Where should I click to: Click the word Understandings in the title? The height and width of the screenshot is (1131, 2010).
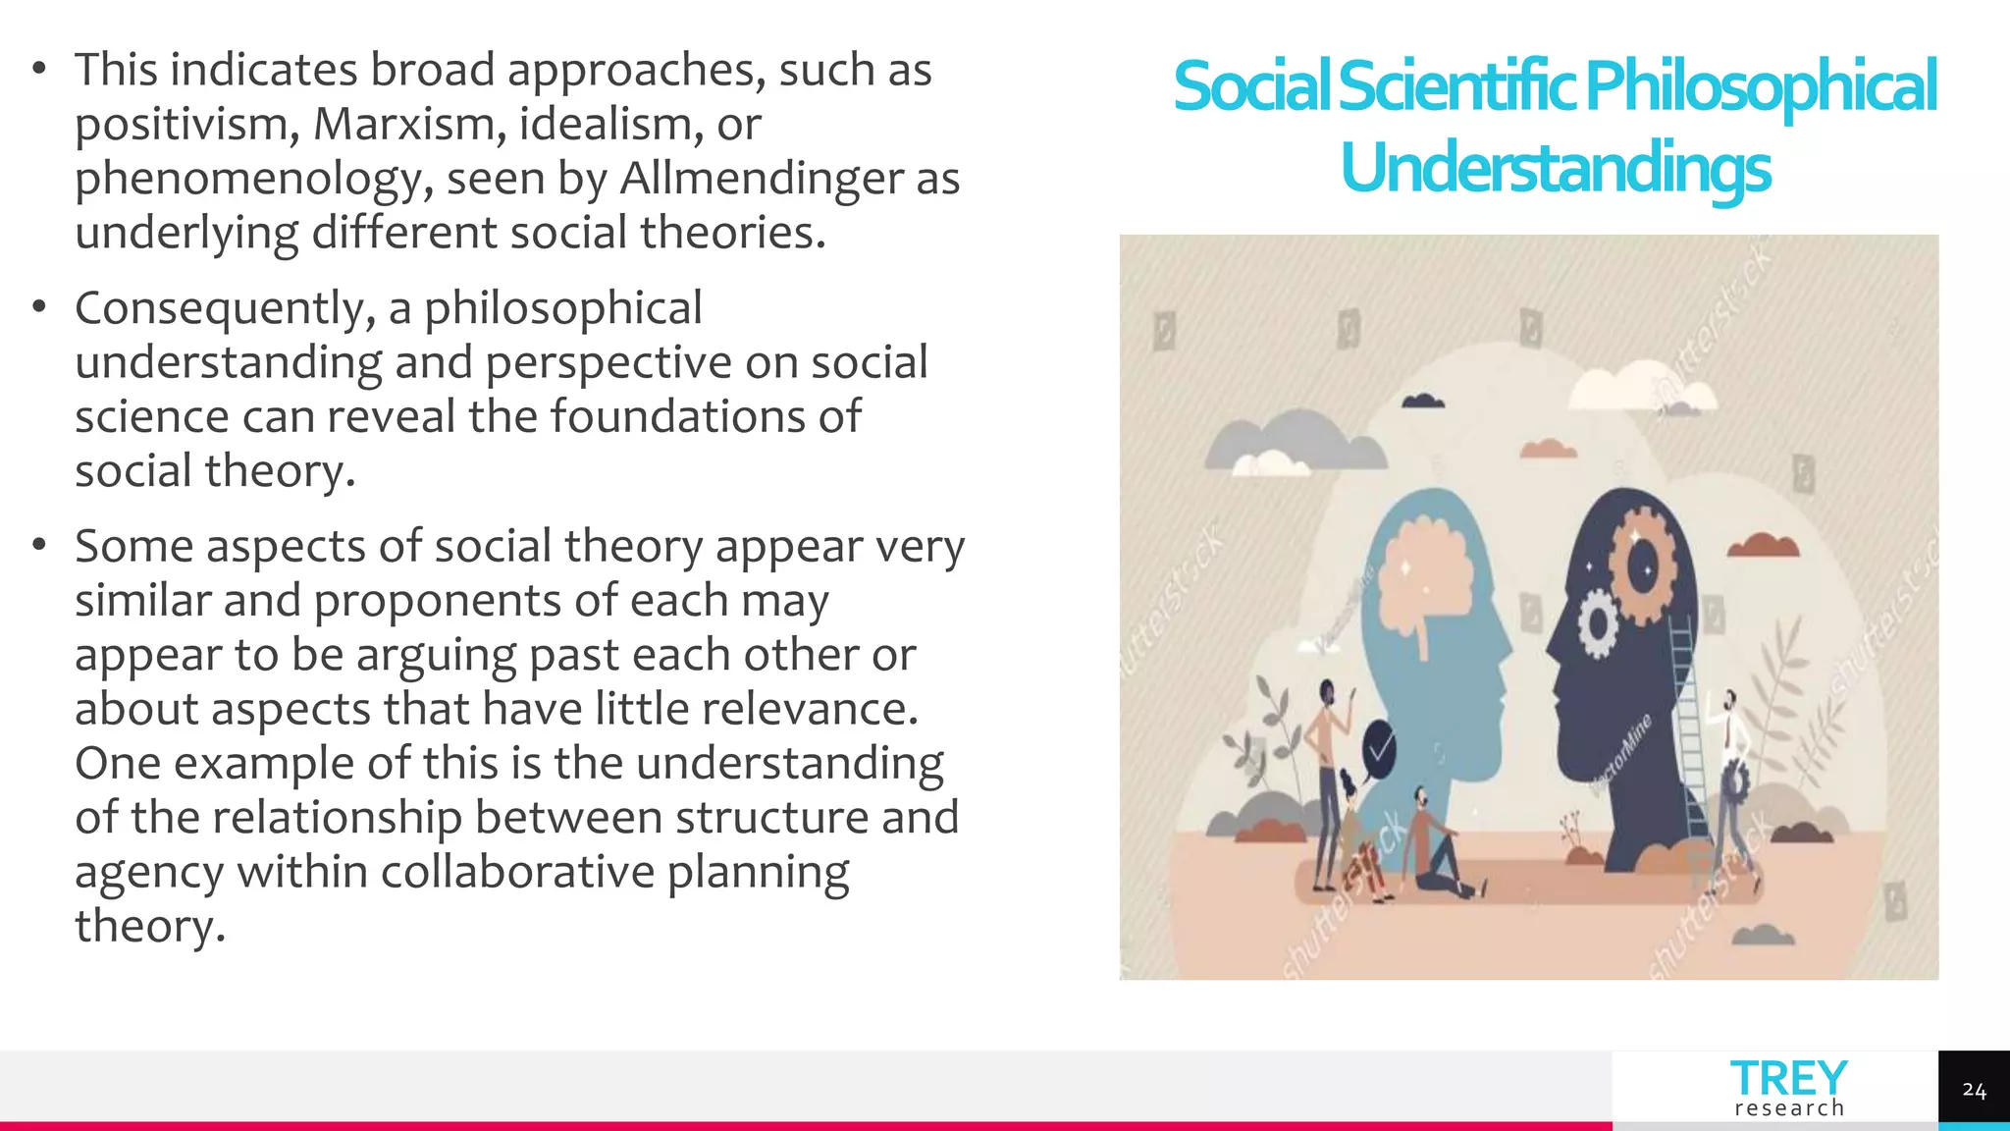(1556, 168)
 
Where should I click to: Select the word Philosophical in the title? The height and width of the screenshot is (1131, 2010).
(1761, 86)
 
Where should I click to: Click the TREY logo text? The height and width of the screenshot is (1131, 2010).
(1788, 1079)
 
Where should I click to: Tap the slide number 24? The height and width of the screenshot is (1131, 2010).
(1974, 1090)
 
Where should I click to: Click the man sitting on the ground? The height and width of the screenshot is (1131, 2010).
(1435, 849)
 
